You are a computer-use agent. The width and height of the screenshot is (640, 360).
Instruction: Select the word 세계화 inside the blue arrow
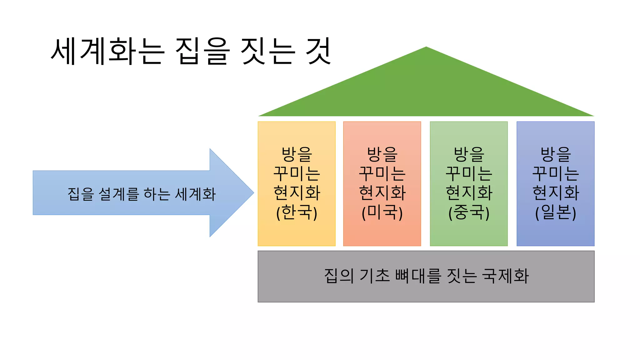(195, 194)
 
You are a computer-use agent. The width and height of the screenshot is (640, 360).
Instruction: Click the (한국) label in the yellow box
(297, 212)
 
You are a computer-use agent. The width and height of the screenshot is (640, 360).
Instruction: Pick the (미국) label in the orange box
(382, 212)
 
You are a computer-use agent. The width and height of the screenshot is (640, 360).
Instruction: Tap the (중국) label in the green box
(469, 212)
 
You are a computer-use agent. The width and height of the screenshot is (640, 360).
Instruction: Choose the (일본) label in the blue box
(555, 212)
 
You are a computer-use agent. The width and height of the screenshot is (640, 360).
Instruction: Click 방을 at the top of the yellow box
(297, 154)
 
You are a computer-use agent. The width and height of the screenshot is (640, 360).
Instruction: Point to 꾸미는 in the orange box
(382, 174)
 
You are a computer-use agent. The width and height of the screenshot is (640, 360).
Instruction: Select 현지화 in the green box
(469, 193)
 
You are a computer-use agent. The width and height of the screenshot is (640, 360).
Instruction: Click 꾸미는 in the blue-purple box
(555, 174)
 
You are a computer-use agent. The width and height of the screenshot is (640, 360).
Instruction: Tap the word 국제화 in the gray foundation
(505, 276)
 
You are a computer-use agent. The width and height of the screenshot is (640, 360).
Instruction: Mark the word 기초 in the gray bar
(375, 276)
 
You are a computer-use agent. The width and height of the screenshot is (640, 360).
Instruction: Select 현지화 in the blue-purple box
(555, 193)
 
